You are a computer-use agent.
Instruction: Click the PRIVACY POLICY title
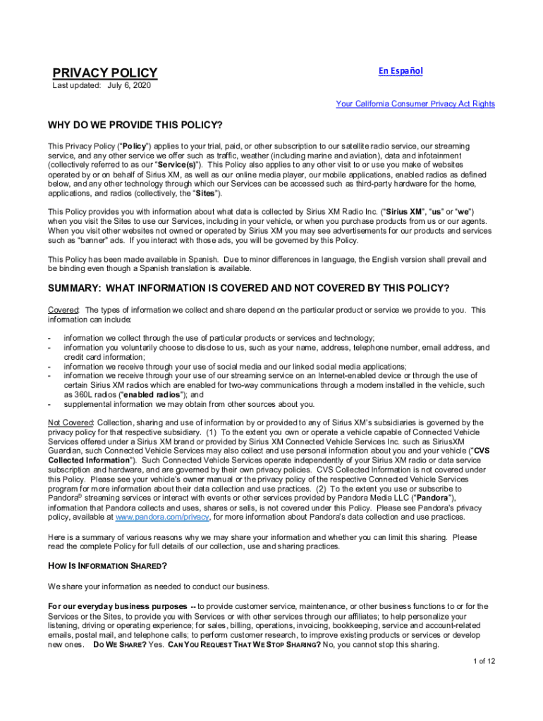click(x=105, y=73)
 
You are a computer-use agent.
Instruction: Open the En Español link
click(x=401, y=71)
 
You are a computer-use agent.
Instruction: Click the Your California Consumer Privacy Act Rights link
click(x=415, y=104)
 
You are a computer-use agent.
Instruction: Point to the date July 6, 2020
click(x=129, y=86)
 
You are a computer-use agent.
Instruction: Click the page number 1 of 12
click(x=484, y=660)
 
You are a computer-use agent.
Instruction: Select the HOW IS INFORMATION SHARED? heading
click(x=107, y=566)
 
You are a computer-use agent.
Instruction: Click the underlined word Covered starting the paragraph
click(x=63, y=310)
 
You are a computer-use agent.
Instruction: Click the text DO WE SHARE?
click(x=118, y=644)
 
